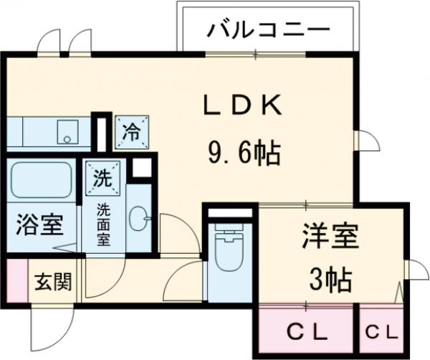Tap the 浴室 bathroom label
click(39, 224)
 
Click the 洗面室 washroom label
click(104, 224)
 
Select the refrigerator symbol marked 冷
click(133, 131)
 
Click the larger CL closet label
click(307, 332)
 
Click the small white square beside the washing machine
click(142, 167)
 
